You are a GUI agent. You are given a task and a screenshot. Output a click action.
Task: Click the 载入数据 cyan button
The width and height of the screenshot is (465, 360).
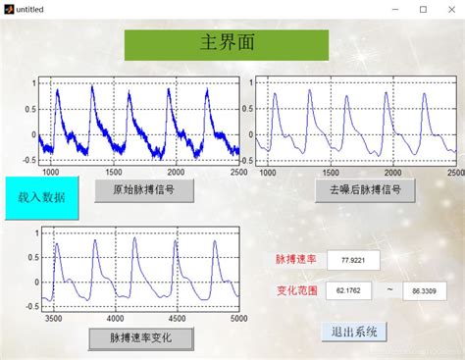(x=41, y=196)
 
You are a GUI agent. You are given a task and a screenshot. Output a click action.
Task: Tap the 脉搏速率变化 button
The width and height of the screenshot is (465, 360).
(x=141, y=338)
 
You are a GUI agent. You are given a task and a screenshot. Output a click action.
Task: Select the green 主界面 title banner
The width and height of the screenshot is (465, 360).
(x=226, y=44)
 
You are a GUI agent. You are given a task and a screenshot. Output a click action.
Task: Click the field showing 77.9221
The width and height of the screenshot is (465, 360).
(x=352, y=260)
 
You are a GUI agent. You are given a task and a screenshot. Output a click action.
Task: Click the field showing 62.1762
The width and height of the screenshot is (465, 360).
(x=347, y=291)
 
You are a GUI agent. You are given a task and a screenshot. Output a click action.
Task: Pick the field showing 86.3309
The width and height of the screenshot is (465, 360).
(x=424, y=291)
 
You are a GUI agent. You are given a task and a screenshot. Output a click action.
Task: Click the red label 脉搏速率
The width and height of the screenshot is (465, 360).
(x=295, y=260)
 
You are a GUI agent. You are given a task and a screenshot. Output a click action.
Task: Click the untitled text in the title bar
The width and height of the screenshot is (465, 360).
(x=32, y=9)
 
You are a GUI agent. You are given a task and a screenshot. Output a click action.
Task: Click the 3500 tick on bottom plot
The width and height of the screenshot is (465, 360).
(x=55, y=319)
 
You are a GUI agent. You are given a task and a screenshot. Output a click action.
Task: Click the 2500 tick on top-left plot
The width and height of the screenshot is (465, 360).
(x=236, y=171)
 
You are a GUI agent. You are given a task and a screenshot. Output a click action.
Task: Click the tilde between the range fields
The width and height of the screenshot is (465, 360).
(x=388, y=290)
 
